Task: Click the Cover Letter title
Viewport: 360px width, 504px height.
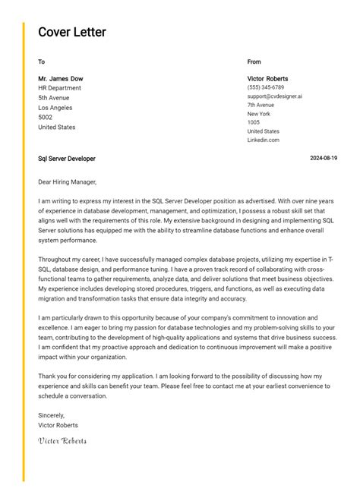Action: tap(72, 32)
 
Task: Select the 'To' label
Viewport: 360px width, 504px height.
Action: tap(41, 61)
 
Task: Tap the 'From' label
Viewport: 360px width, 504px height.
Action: tap(254, 61)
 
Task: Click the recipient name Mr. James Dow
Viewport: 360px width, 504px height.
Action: tap(61, 79)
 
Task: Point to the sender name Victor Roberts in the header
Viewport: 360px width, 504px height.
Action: tap(267, 79)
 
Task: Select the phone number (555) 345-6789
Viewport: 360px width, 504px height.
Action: tap(265, 88)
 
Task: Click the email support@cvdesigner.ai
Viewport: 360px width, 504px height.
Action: tap(274, 96)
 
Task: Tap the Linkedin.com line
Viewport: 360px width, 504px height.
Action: tap(263, 140)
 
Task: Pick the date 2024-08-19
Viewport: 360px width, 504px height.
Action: tap(324, 159)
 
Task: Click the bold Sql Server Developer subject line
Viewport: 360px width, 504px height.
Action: tap(67, 159)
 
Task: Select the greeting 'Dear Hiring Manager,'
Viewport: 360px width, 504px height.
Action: tap(68, 182)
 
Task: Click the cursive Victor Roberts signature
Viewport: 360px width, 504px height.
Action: tap(62, 441)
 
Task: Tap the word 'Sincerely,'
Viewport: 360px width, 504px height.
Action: tap(52, 415)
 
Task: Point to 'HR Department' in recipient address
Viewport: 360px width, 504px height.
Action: tap(59, 88)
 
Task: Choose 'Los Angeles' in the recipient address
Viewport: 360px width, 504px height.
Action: tap(55, 108)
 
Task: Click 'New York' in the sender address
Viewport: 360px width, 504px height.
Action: tap(259, 114)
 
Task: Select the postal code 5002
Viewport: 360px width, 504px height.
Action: tap(45, 118)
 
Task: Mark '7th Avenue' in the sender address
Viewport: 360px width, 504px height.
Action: tap(261, 105)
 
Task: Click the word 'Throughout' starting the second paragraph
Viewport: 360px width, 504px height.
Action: tap(55, 260)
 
